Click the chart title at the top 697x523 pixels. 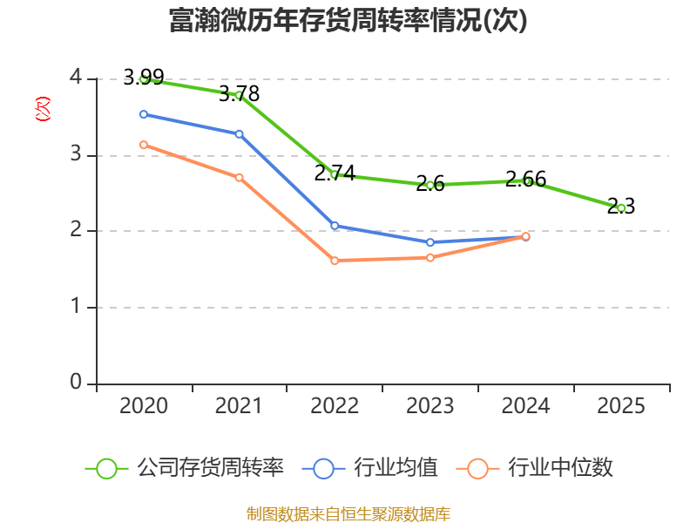click(348, 21)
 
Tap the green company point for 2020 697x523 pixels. click(144, 79)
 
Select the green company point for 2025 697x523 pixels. click(621, 207)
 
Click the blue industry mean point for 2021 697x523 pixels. click(239, 133)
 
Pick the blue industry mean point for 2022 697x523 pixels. click(335, 226)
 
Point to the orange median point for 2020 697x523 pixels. click(144, 145)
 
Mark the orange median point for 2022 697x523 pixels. click(335, 261)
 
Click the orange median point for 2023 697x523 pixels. click(430, 257)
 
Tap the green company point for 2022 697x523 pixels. click(335, 174)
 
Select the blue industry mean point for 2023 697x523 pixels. click(430, 242)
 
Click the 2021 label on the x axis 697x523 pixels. click(239, 406)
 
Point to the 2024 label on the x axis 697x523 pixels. click(525, 406)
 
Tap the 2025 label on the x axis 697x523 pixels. click(621, 406)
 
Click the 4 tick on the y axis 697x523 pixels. click(76, 78)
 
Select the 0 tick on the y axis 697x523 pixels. click(76, 384)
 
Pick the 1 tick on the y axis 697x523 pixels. click(76, 307)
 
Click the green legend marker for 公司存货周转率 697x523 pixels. click(106, 468)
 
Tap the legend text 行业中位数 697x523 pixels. click(561, 468)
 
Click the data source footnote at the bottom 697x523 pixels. click(348, 513)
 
